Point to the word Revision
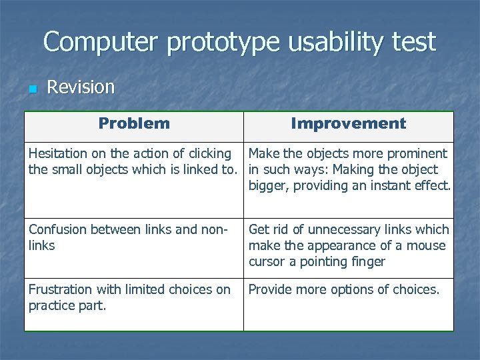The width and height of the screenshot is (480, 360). click(81, 87)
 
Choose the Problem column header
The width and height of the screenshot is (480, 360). click(134, 123)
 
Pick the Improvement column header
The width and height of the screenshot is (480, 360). click(348, 123)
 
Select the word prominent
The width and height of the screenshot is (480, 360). click(417, 154)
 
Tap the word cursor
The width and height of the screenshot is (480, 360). click(267, 262)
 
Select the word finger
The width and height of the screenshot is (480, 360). click(367, 262)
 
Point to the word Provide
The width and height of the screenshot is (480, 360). click(270, 290)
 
